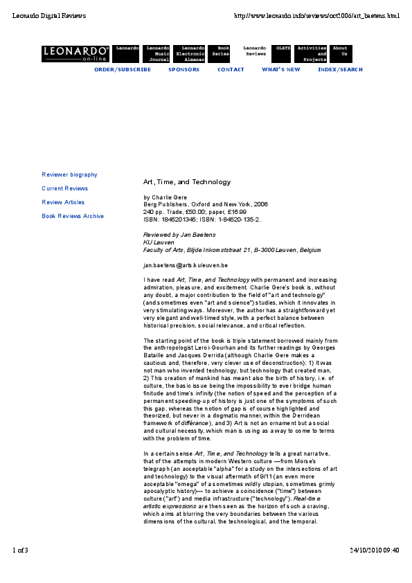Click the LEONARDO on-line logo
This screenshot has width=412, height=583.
click(75, 53)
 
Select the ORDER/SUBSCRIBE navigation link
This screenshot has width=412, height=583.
click(123, 70)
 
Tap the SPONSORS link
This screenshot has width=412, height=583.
click(183, 70)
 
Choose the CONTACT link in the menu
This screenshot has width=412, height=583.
click(231, 70)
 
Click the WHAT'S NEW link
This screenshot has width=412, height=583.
click(281, 70)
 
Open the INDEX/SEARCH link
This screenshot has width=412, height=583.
click(340, 70)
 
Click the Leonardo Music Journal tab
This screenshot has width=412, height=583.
click(157, 53)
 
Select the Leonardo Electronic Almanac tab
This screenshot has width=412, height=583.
click(190, 53)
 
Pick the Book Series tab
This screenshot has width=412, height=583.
click(220, 51)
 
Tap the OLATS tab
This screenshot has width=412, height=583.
click(283, 48)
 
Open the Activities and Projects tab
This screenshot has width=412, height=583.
click(312, 53)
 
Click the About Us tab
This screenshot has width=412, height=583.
click(340, 51)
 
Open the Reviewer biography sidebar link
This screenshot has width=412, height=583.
click(69, 175)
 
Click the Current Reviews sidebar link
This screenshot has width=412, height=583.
click(64, 189)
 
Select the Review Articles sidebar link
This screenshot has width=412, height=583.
click(63, 203)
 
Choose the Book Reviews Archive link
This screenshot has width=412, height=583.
click(73, 217)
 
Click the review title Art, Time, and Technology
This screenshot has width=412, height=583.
click(186, 182)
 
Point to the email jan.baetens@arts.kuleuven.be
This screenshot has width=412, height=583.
click(186, 265)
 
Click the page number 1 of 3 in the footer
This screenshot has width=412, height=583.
click(20, 550)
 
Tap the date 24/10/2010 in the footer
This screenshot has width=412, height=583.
click(366, 550)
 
